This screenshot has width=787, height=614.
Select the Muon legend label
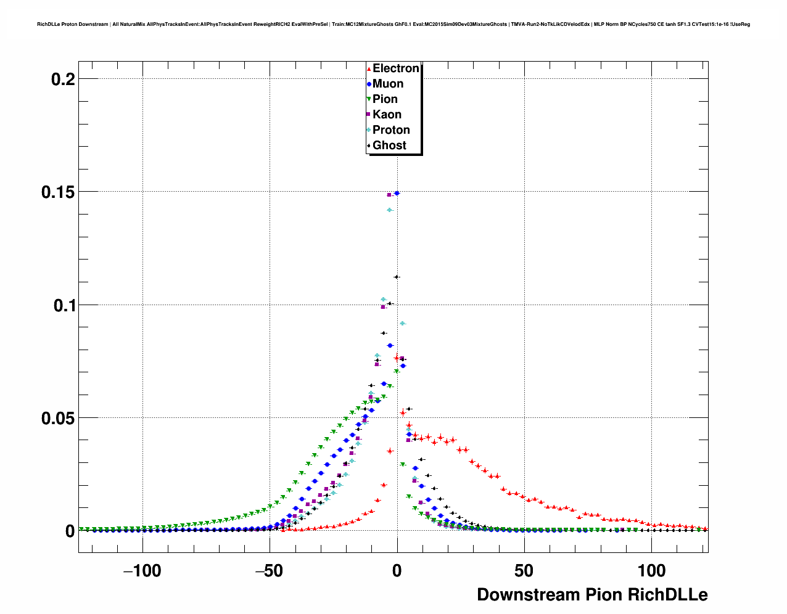coord(387,84)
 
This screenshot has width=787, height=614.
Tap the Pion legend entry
coord(385,99)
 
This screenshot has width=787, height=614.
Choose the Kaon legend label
coord(387,115)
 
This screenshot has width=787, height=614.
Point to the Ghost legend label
coord(389,145)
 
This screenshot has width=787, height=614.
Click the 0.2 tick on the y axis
coord(63,79)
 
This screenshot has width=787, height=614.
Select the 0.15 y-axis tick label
coord(58,192)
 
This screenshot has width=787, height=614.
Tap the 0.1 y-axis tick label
coord(63,305)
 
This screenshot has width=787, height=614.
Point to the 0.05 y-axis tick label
coord(58,418)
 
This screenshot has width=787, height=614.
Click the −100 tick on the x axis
coord(142,571)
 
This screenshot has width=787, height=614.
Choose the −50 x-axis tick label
coord(269,571)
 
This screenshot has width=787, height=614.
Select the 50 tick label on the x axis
coord(524,571)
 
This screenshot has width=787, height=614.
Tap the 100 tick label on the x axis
coord(651,571)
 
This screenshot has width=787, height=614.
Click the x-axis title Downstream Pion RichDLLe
coord(592,595)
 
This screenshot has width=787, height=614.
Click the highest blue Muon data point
coord(397,193)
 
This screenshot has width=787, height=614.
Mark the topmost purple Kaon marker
coord(389,195)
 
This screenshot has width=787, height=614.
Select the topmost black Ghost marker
coord(397,277)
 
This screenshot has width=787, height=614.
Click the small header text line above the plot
coord(393,24)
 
